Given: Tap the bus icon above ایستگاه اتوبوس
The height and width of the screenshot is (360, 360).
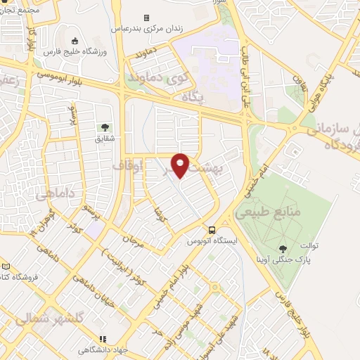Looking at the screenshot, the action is (212, 230).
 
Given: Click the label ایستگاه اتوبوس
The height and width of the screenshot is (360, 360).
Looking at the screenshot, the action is (211, 241).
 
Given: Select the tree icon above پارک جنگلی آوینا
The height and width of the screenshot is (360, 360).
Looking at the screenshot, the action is (283, 249).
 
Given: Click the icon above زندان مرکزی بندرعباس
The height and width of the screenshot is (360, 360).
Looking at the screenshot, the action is (146, 18).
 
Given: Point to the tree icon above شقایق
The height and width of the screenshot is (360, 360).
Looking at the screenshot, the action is (105, 127).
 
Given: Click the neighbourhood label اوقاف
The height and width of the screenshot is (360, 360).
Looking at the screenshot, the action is (128, 167).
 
